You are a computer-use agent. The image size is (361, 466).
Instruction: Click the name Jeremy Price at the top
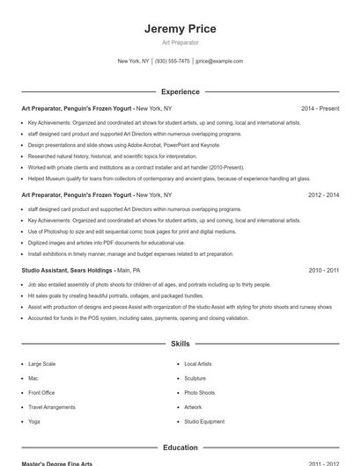(x=180, y=29)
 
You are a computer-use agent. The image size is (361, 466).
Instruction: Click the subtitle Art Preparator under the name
(x=180, y=42)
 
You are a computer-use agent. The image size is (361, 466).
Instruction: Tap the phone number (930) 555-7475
(x=173, y=62)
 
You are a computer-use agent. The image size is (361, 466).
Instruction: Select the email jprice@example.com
(x=219, y=62)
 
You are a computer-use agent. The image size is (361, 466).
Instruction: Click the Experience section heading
(x=180, y=91)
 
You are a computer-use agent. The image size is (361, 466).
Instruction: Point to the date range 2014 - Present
(x=320, y=108)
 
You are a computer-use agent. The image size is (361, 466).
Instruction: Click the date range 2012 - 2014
(x=323, y=194)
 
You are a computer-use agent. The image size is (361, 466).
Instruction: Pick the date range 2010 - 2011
(x=323, y=271)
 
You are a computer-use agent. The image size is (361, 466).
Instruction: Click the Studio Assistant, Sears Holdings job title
(x=67, y=271)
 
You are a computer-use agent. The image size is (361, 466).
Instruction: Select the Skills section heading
(x=180, y=345)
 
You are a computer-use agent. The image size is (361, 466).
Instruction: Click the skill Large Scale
(x=42, y=363)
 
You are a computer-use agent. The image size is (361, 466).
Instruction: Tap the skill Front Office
(x=41, y=393)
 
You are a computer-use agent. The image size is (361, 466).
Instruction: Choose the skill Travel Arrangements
(x=51, y=408)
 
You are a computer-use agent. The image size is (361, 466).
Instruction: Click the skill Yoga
(x=34, y=422)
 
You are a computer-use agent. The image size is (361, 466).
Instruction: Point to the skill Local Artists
(x=198, y=363)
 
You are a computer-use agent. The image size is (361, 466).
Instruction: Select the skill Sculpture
(x=195, y=378)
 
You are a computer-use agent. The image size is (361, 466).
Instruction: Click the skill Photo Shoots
(x=199, y=393)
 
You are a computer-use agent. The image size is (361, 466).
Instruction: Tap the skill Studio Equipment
(x=204, y=422)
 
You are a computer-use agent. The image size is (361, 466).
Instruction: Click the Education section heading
(x=180, y=448)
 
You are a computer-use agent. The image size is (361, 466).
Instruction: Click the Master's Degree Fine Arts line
(x=56, y=463)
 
